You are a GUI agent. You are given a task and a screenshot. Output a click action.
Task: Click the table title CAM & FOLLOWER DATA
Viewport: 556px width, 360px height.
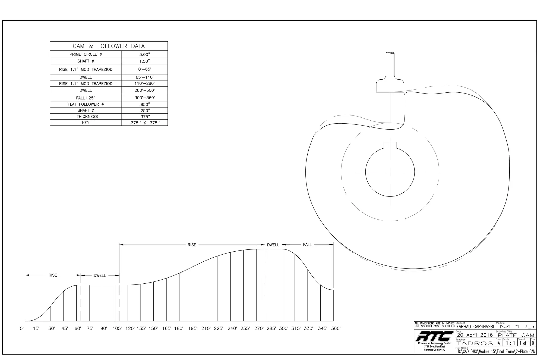[109, 46]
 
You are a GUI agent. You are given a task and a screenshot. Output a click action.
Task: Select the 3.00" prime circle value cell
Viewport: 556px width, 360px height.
[144, 54]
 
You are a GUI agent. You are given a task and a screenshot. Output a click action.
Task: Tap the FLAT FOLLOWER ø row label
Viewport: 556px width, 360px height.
[86, 104]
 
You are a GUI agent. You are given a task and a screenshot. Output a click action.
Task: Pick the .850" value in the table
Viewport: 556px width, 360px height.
[144, 104]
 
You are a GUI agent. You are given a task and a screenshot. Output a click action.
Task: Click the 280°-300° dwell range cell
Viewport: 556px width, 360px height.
[144, 90]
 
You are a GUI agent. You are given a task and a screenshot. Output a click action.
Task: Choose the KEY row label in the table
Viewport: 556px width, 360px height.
[86, 123]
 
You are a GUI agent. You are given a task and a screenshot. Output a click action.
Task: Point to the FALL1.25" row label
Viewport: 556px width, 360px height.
[86, 98]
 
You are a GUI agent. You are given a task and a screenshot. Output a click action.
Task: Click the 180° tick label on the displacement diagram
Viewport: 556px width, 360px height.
[179, 328]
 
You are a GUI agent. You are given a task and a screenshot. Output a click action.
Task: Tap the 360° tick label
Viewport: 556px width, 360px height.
[336, 328]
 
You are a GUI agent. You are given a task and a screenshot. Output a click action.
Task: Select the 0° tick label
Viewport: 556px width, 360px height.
[22, 328]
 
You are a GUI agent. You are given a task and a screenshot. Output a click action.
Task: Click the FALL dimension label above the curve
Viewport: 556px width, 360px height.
[307, 245]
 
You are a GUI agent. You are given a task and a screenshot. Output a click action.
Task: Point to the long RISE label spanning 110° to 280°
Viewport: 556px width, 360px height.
[192, 245]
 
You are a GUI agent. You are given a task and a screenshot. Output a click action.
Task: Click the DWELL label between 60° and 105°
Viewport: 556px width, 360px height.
[100, 276]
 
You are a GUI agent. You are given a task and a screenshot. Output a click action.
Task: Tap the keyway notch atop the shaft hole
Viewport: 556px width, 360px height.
[390, 145]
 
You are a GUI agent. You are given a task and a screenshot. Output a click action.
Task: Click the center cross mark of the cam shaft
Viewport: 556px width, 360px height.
[390, 172]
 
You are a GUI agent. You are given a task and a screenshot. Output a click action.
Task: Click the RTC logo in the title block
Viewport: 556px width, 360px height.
[434, 336]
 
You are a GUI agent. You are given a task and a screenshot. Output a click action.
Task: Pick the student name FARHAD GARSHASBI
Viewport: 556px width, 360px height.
[475, 327]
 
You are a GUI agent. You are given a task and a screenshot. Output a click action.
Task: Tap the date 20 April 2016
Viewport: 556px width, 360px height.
[475, 335]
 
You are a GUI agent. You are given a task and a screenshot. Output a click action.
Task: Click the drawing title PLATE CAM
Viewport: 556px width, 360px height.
[516, 335]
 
